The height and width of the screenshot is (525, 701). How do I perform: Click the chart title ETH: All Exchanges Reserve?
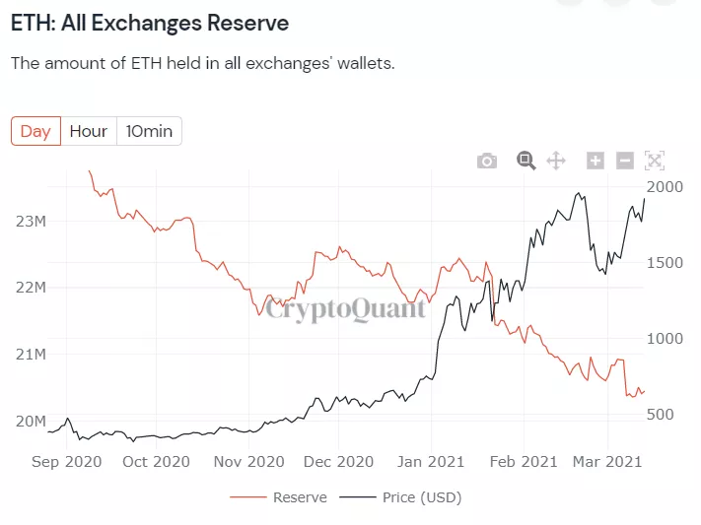(150, 22)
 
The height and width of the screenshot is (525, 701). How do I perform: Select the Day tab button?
(35, 131)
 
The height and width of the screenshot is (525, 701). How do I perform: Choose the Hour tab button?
(89, 131)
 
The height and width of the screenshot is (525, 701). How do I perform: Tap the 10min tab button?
(149, 131)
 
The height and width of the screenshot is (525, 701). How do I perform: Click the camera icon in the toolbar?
(487, 161)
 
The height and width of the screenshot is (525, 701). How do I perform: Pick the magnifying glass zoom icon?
(526, 161)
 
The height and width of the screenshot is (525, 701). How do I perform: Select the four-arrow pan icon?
(555, 161)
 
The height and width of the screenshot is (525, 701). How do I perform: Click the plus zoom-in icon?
(595, 161)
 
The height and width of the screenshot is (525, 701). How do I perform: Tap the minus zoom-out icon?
(624, 161)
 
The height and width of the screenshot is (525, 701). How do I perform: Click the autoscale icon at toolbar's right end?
(655, 161)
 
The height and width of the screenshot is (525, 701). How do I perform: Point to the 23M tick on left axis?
(32, 222)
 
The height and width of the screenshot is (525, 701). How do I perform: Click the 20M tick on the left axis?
(32, 422)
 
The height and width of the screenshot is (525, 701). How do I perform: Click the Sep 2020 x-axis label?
(68, 461)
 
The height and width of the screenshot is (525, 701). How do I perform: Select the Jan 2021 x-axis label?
(431, 461)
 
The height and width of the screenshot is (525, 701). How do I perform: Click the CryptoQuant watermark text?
(345, 309)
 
